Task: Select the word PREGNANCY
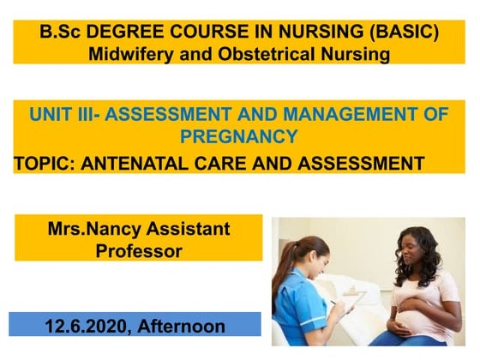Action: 239,136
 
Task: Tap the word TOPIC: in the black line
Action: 45,162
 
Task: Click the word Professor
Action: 138,250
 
